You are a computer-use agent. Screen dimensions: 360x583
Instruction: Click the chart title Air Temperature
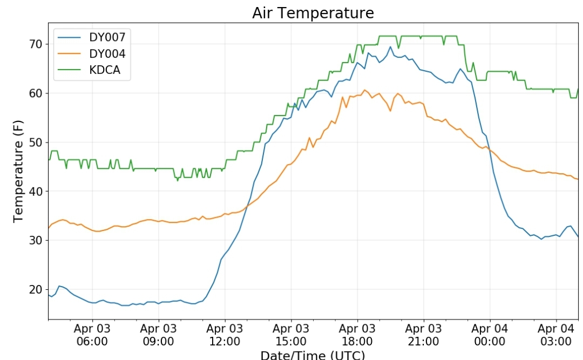[x=313, y=13]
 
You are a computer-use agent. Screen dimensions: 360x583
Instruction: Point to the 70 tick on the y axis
[x=37, y=44]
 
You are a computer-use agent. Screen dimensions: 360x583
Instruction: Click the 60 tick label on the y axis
[x=37, y=93]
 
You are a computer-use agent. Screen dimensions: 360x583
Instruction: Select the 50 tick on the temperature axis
[x=37, y=142]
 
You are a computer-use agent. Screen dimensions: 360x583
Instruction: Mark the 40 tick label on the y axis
[x=37, y=191]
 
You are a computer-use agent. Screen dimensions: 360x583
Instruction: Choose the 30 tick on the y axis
[x=37, y=240]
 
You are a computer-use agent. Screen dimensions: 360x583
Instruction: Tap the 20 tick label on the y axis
[x=37, y=289]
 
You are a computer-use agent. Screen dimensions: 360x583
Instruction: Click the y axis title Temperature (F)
[x=19, y=172]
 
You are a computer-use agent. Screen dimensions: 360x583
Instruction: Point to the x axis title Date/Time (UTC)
[x=313, y=355]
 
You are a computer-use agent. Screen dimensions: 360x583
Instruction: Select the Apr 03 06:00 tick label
[x=92, y=335]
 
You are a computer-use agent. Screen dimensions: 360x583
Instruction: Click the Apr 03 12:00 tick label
[x=225, y=335]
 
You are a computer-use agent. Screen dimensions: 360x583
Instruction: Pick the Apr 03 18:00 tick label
[x=357, y=335]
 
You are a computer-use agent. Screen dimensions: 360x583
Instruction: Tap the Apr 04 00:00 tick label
[x=490, y=335]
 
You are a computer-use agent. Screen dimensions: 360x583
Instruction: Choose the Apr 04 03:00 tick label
[x=556, y=335]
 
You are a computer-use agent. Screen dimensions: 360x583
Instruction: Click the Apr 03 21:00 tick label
[x=423, y=335]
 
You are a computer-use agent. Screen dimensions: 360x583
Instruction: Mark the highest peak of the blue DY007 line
[x=390, y=46]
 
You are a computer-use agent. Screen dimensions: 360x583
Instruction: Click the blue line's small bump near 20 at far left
[x=59, y=286]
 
